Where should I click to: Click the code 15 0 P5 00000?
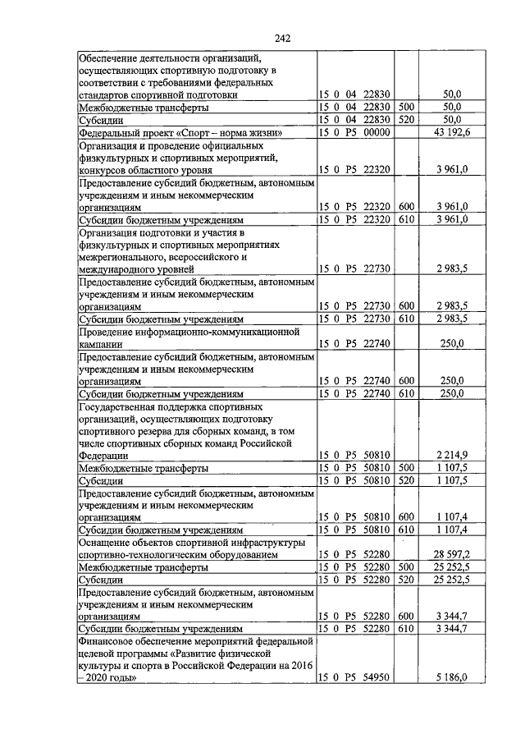click(x=354, y=133)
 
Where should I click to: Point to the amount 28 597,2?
click(x=452, y=556)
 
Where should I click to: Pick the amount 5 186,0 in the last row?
click(x=452, y=677)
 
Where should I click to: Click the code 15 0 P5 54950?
click(x=354, y=677)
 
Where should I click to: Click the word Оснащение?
click(x=107, y=543)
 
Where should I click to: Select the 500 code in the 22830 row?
click(x=406, y=108)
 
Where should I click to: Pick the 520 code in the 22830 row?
click(x=406, y=120)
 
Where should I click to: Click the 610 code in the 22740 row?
click(x=406, y=393)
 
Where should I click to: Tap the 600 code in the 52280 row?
click(x=406, y=617)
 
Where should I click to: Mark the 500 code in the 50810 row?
click(x=406, y=467)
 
